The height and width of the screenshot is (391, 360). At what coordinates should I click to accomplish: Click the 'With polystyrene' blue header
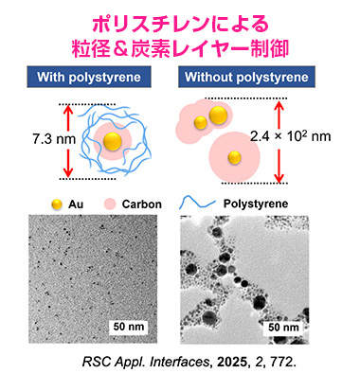pyautogui.click(x=89, y=77)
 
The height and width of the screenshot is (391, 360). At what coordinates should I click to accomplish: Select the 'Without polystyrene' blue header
pyautogui.click(x=246, y=77)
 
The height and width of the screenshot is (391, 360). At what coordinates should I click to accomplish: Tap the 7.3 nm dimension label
pyautogui.click(x=54, y=139)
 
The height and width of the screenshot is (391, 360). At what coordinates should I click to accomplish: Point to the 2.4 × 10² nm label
pyautogui.click(x=291, y=136)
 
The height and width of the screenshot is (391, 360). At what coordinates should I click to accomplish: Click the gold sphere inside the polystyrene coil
pyautogui.click(x=113, y=141)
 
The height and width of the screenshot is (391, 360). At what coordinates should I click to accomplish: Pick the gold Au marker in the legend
pyautogui.click(x=57, y=204)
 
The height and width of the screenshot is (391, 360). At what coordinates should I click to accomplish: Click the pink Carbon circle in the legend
pyautogui.click(x=110, y=204)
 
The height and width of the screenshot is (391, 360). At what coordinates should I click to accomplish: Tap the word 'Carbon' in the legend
pyautogui.click(x=142, y=204)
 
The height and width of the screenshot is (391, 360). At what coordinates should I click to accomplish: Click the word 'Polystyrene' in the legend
pyautogui.click(x=256, y=204)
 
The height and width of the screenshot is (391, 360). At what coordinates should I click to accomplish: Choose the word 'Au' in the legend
pyautogui.click(x=76, y=204)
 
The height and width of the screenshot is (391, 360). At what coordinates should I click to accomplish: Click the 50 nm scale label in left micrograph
pyautogui.click(x=129, y=327)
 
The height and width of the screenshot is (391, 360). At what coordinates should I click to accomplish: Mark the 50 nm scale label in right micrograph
pyautogui.click(x=283, y=328)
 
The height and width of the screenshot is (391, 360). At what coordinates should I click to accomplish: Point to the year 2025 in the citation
pyautogui.click(x=231, y=362)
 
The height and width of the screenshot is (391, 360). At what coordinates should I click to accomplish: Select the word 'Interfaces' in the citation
pyautogui.click(x=179, y=362)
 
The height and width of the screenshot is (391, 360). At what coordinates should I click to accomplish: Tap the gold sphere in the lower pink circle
pyautogui.click(x=235, y=157)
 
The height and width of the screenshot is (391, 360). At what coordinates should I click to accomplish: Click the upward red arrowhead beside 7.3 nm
pyautogui.click(x=68, y=109)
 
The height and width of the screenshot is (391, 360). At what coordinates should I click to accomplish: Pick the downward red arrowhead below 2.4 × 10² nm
pyautogui.click(x=279, y=178)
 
